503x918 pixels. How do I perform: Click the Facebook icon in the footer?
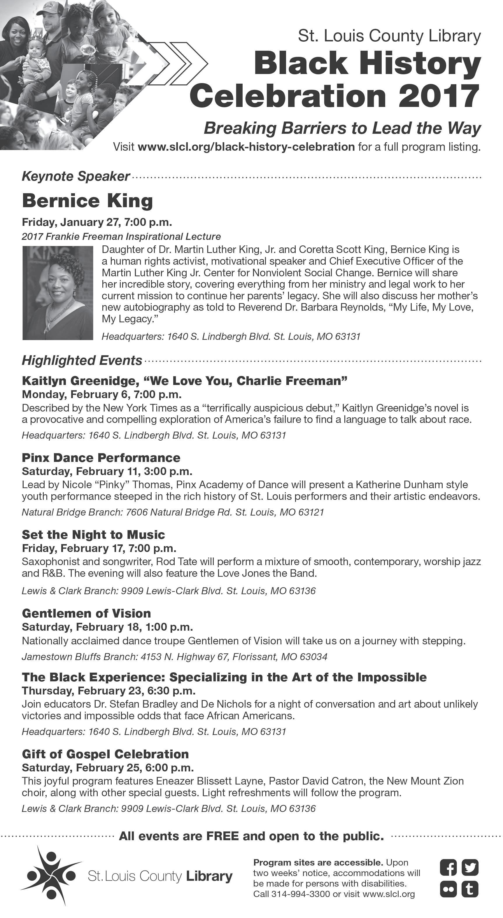click(448, 867)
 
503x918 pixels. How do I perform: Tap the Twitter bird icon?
click(470, 867)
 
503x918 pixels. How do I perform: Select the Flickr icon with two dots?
click(448, 889)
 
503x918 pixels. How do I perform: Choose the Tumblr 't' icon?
click(470, 889)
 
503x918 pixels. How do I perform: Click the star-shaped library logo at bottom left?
click(51, 875)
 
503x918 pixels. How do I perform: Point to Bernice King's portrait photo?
click(57, 293)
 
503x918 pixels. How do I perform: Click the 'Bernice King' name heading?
click(87, 201)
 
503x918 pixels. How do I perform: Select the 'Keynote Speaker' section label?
click(76, 176)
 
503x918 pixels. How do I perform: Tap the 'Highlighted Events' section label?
click(82, 360)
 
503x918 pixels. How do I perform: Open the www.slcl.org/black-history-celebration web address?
click(246, 147)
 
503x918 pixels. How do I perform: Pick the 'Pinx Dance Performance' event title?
click(101, 458)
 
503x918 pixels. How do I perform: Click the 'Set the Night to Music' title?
click(93, 534)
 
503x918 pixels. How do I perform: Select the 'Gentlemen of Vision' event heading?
click(86, 613)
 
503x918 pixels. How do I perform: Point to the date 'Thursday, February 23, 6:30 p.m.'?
click(109, 691)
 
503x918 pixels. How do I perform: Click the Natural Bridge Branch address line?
click(173, 512)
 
